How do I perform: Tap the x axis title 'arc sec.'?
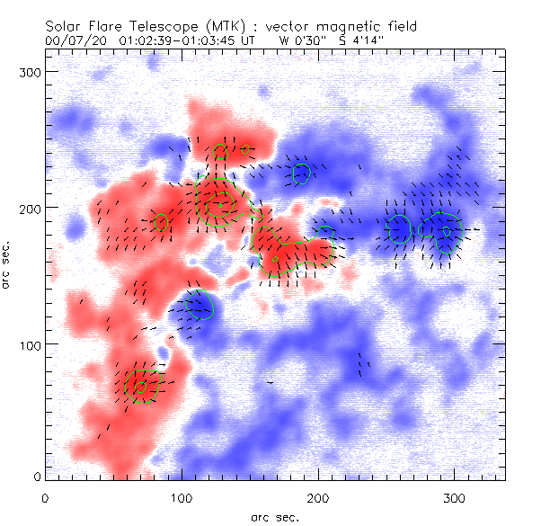pyautogui.click(x=275, y=517)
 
